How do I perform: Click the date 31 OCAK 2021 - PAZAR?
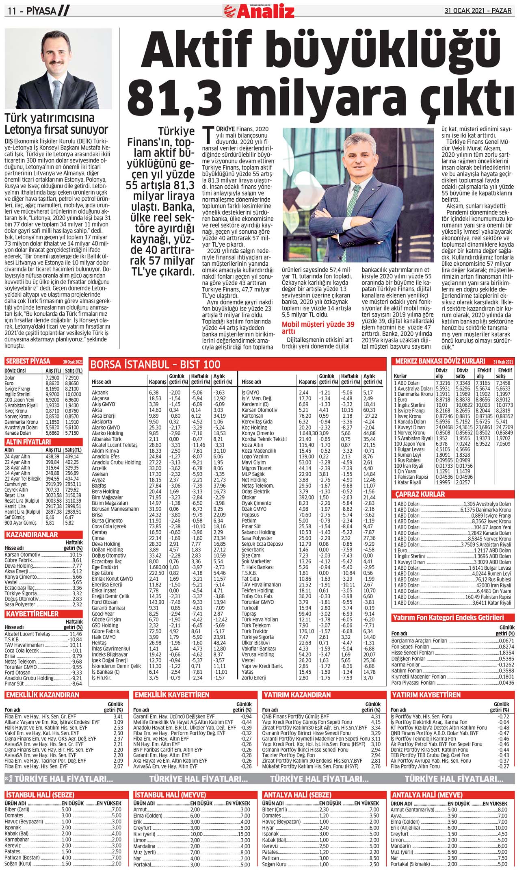click(x=478, y=11)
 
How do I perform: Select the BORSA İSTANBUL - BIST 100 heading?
click(x=155, y=364)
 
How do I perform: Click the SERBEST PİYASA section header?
click(x=28, y=361)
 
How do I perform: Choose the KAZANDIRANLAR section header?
click(x=32, y=535)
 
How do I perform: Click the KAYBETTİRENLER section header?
click(x=32, y=614)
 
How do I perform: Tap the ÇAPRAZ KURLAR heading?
click(x=420, y=494)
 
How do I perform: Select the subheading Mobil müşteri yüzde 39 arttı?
click(x=318, y=328)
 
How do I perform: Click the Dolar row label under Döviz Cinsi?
click(x=9, y=378)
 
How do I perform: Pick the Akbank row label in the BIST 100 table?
click(x=100, y=393)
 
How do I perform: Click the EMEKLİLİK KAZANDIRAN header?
click(x=42, y=695)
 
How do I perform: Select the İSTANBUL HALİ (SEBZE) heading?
click(x=40, y=795)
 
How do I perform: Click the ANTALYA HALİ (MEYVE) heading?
click(x=426, y=795)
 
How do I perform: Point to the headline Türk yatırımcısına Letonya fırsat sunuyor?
click(x=56, y=124)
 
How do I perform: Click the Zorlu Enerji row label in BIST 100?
click(x=254, y=678)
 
